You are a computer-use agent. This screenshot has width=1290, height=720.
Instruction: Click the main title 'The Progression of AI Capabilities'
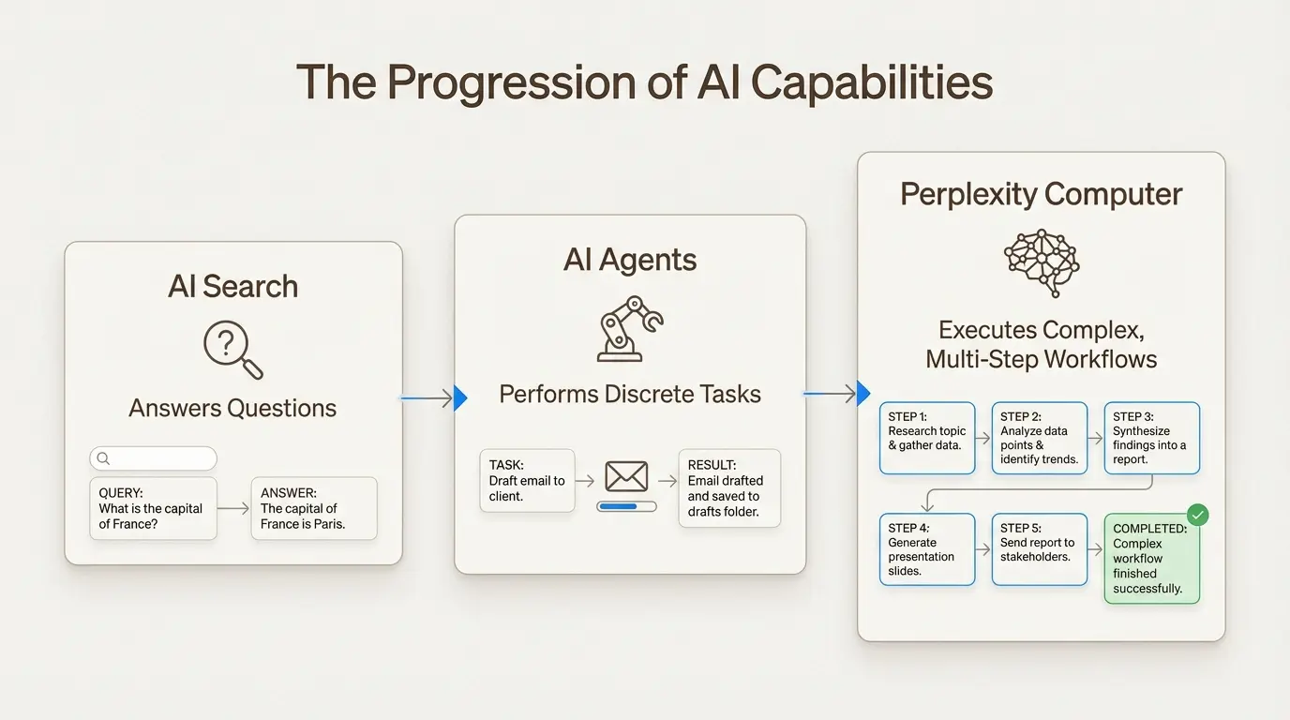tap(644, 82)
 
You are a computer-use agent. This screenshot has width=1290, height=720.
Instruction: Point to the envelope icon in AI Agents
tap(626, 476)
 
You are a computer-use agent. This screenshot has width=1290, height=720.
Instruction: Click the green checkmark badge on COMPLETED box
tap(1197, 515)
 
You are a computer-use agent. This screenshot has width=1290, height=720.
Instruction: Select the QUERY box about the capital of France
tap(153, 508)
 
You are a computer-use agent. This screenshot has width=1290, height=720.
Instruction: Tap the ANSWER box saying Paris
tap(313, 508)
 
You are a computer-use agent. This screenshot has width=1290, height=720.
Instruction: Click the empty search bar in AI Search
tap(153, 458)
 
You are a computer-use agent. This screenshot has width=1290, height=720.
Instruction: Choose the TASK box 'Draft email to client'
tap(527, 480)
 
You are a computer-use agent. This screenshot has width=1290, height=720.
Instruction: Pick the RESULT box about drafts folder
tap(728, 487)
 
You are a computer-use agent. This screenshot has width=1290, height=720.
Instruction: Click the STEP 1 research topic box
tap(927, 438)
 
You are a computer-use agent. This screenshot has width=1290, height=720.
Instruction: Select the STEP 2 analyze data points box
tap(1040, 438)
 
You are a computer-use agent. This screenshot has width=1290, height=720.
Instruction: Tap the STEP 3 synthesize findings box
tap(1151, 438)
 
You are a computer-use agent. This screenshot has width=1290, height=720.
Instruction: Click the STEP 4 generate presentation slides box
tap(927, 549)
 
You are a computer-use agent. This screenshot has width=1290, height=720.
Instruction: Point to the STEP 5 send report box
tap(1040, 549)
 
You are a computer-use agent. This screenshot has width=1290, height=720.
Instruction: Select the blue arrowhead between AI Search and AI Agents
tap(459, 398)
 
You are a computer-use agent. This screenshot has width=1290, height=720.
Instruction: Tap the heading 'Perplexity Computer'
tap(1041, 194)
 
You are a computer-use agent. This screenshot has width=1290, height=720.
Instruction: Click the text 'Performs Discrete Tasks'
tap(630, 394)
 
